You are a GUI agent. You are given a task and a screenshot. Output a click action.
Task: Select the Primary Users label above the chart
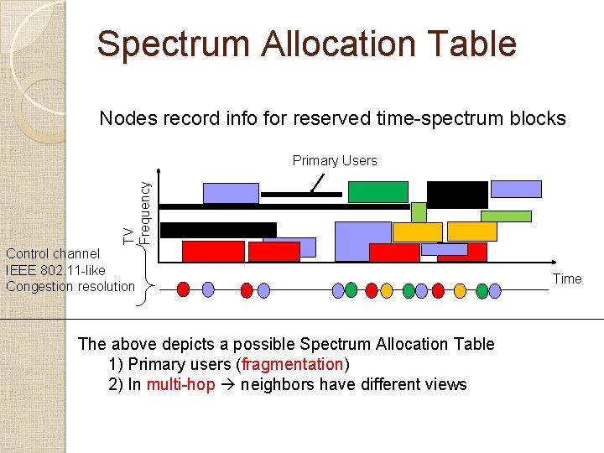[335, 160]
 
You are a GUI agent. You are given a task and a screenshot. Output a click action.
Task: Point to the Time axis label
[567, 279]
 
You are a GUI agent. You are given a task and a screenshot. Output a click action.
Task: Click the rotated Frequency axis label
[144, 206]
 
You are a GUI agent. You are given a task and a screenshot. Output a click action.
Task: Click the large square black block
[457, 194]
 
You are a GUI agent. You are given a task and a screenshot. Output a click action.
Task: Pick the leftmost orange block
[418, 232]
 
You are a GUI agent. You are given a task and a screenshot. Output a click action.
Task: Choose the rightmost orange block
[471, 232]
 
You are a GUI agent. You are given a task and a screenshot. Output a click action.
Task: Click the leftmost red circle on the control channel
[185, 290]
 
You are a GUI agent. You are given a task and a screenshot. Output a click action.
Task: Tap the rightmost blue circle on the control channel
[495, 290]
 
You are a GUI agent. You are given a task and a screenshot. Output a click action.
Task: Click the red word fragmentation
[292, 365]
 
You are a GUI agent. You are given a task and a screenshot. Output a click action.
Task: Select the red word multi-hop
[180, 385]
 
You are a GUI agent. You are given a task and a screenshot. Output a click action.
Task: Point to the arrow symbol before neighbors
[228, 385]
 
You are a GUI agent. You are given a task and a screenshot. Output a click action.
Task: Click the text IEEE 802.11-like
[55, 270]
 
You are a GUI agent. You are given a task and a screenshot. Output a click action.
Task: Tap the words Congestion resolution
[70, 286]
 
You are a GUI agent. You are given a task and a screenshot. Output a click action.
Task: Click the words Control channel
[52, 253]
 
